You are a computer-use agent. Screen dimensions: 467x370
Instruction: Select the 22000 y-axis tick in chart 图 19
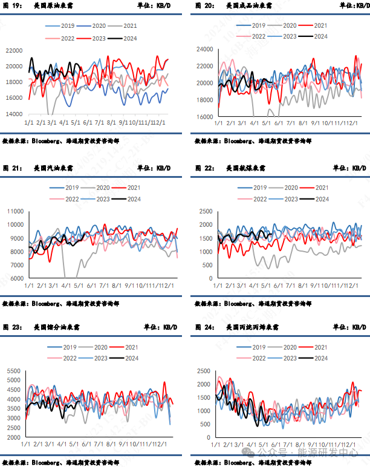pyautogui.click(x=14, y=51)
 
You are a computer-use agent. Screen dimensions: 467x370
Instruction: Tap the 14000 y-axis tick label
pyautogui.click(x=14, y=114)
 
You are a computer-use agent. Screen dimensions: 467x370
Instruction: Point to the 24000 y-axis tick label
pyautogui.click(x=205, y=49)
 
